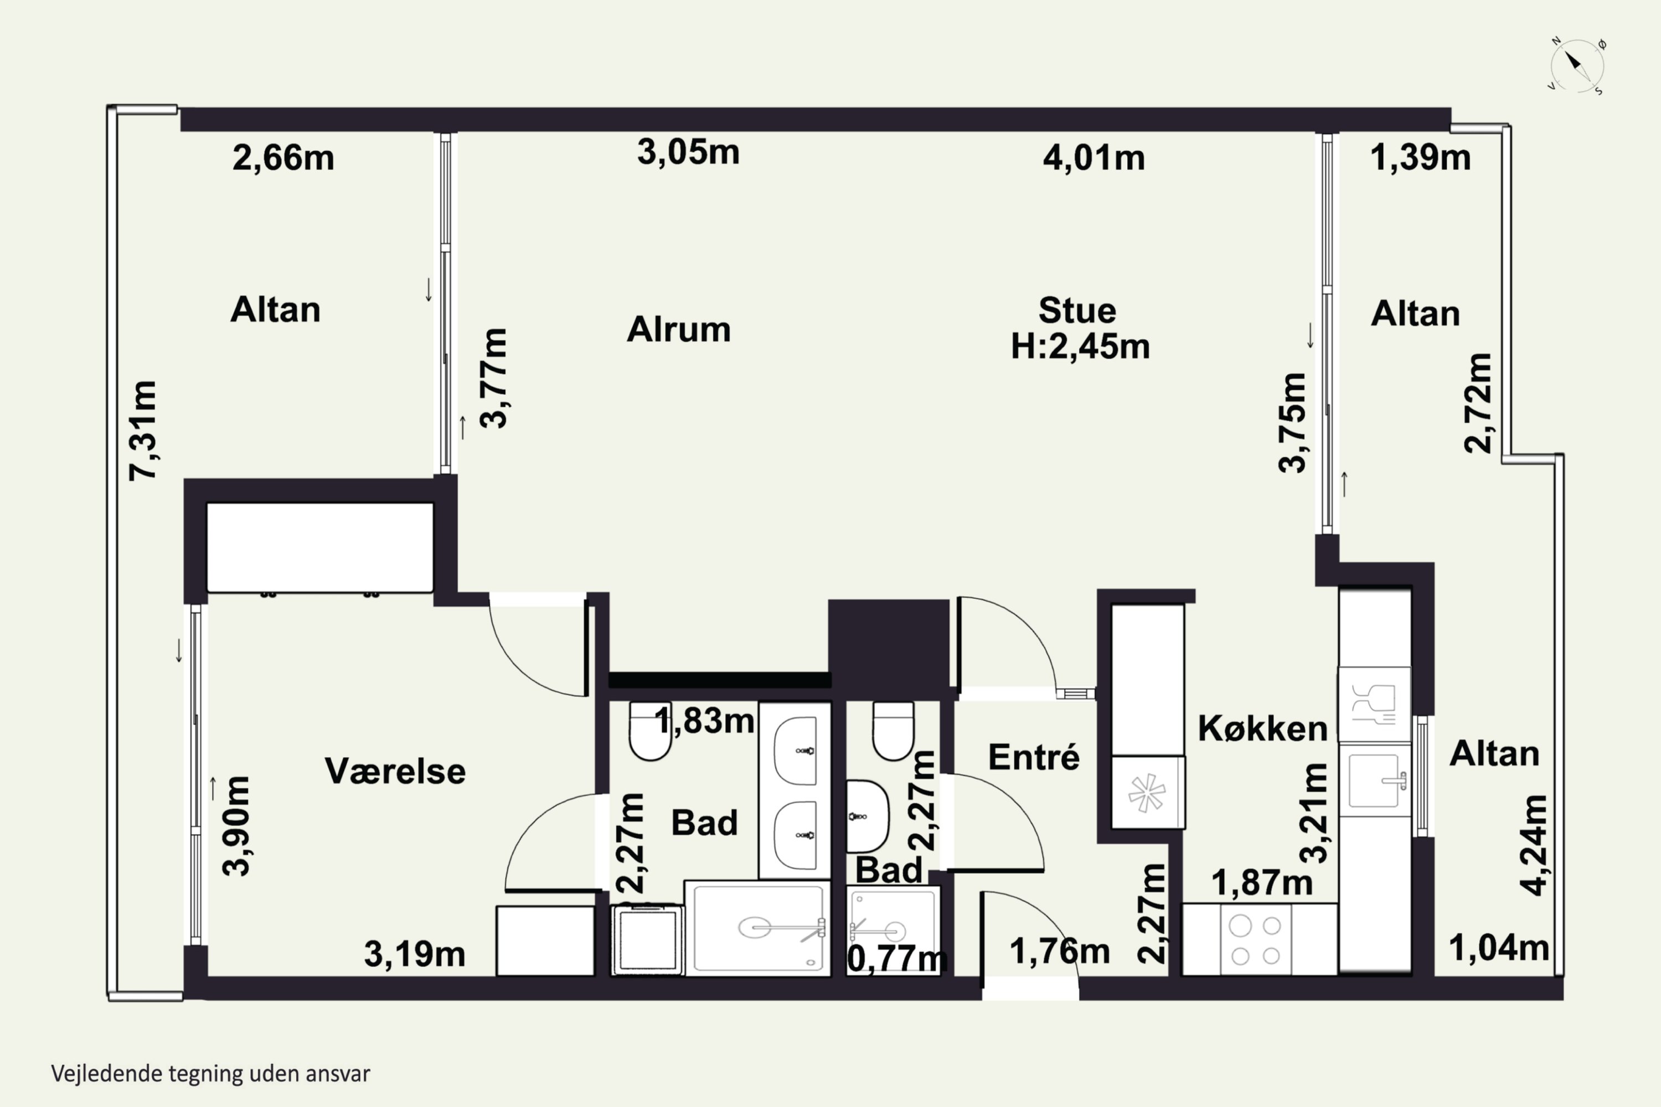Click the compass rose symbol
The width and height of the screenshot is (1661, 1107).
(1577, 66)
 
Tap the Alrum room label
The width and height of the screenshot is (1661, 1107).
(679, 330)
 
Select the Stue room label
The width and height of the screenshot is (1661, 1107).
(1077, 311)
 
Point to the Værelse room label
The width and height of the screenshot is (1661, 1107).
(395, 771)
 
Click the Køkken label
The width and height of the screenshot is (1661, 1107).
(1263, 728)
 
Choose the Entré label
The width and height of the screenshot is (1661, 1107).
(1034, 757)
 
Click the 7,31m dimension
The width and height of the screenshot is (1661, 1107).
(143, 431)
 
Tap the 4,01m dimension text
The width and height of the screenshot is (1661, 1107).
(1094, 157)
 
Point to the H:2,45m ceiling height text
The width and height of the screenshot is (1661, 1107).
(1081, 346)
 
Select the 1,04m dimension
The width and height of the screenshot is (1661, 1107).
(1499, 948)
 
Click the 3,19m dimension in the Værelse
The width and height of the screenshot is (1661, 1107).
(415, 954)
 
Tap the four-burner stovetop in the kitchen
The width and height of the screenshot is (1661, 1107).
(1256, 940)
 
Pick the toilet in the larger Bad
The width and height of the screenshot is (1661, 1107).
(649, 731)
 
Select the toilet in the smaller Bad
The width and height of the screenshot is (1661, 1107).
(894, 731)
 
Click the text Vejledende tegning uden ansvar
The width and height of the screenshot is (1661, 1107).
(210, 1074)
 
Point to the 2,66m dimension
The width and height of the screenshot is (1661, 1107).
(283, 157)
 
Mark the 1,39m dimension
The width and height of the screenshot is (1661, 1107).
(1421, 157)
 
